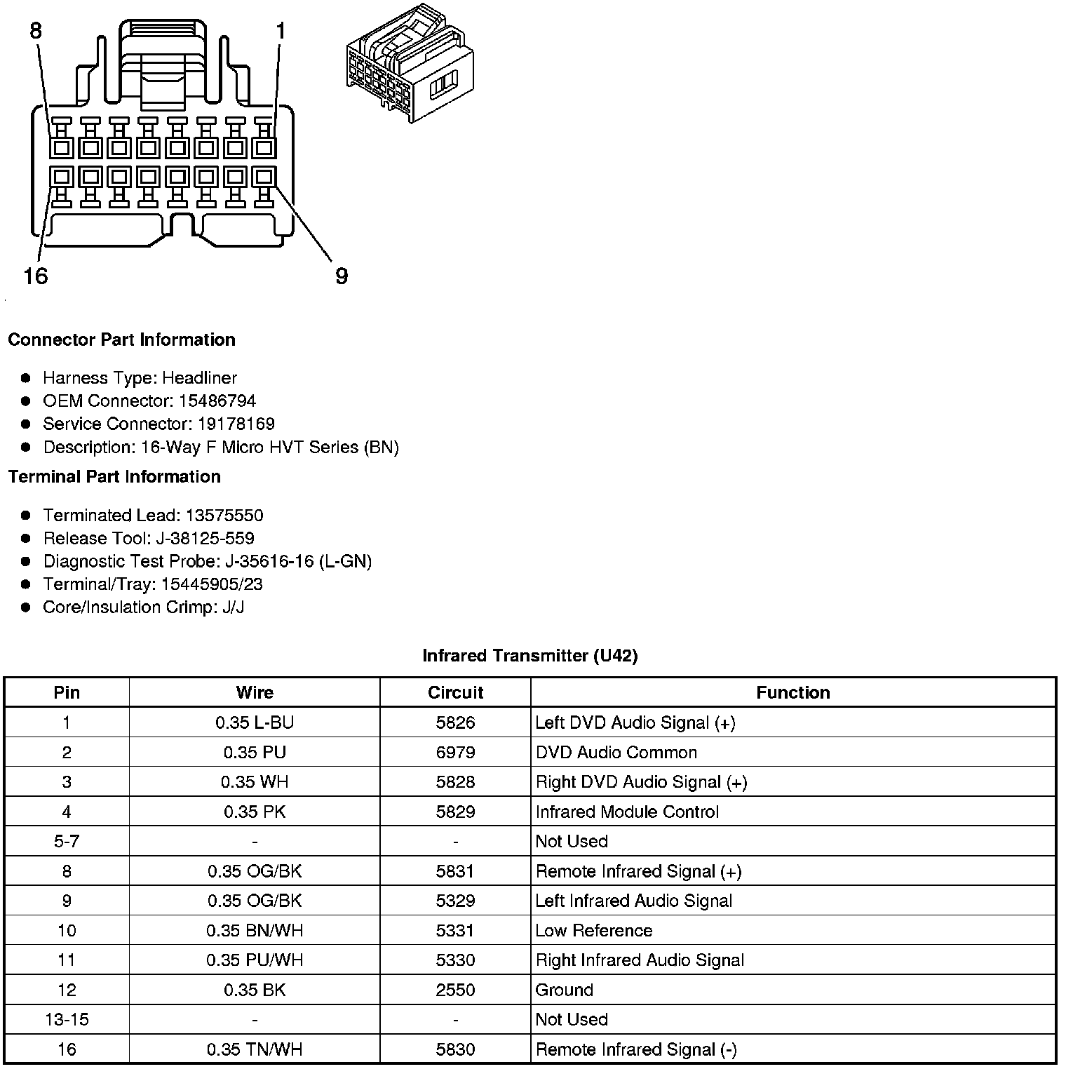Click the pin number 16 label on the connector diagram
pos(36,276)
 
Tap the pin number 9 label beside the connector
pos(342,276)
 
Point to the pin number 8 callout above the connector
pos(36,31)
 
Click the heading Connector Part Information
pos(121,339)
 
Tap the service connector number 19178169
pos(236,424)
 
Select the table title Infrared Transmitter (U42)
pos(529,655)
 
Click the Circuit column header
pos(455,692)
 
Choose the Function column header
pos(792,692)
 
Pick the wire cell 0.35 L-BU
pos(255,722)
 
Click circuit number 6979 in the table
pos(455,753)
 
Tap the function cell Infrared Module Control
pos(627,812)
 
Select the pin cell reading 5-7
pos(67,841)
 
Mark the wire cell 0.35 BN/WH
pos(255,930)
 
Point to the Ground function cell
pos(565,990)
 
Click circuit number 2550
pos(455,990)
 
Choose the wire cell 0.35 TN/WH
pos(255,1049)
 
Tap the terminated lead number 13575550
pos(224,516)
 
